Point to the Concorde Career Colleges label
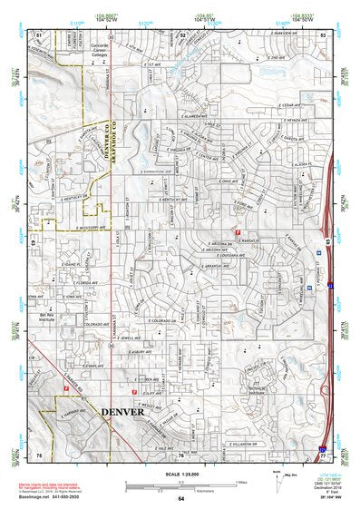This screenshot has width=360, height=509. pos(103,50)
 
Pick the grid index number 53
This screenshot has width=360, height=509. pos(323,34)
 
